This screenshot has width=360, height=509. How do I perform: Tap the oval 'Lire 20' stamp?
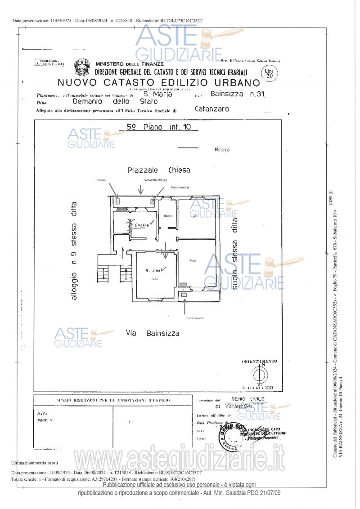pyautogui.click(x=269, y=73)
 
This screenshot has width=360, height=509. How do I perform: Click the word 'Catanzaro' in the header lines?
pyautogui.click(x=211, y=109)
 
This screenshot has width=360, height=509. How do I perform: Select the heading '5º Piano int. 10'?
pyautogui.click(x=158, y=127)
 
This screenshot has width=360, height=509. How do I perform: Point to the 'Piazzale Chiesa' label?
pyautogui.click(x=158, y=170)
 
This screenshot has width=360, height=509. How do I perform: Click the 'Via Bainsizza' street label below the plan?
pyautogui.click(x=153, y=334)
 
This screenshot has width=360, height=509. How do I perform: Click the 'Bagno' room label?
pyautogui.click(x=168, y=216)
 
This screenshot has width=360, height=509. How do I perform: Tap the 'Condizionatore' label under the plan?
pyautogui.click(x=195, y=318)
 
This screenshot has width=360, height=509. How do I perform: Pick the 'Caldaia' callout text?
pyautogui.click(x=100, y=180)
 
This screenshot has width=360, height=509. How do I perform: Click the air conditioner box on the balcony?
pyautogui.click(x=185, y=295)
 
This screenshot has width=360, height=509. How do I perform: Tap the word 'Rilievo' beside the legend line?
pyautogui.click(x=222, y=149)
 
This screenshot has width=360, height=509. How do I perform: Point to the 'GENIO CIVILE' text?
pyautogui.click(x=245, y=399)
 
